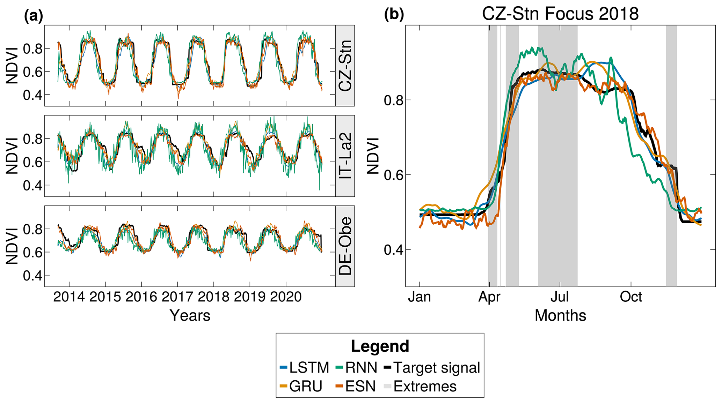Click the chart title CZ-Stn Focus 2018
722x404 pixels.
click(x=560, y=14)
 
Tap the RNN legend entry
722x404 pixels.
click(x=356, y=367)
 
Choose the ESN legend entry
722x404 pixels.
click(x=356, y=386)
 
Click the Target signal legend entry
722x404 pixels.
click(x=432, y=367)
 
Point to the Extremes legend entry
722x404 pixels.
click(x=421, y=386)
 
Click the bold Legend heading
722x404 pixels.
click(x=380, y=346)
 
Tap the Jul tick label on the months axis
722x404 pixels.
click(x=560, y=297)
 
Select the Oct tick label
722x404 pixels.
click(x=631, y=297)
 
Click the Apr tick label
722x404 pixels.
click(x=489, y=297)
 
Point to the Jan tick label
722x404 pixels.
click(x=420, y=297)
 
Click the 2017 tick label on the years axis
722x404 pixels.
click(x=177, y=297)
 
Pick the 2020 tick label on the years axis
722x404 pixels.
click(x=286, y=297)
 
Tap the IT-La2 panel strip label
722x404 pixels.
click(x=345, y=156)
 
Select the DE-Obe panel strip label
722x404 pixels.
click(x=345, y=246)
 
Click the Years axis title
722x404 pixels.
click(x=190, y=315)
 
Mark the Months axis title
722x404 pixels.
click(x=560, y=315)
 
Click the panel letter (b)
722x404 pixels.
click(x=394, y=15)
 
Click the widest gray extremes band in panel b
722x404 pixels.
click(x=557, y=156)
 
